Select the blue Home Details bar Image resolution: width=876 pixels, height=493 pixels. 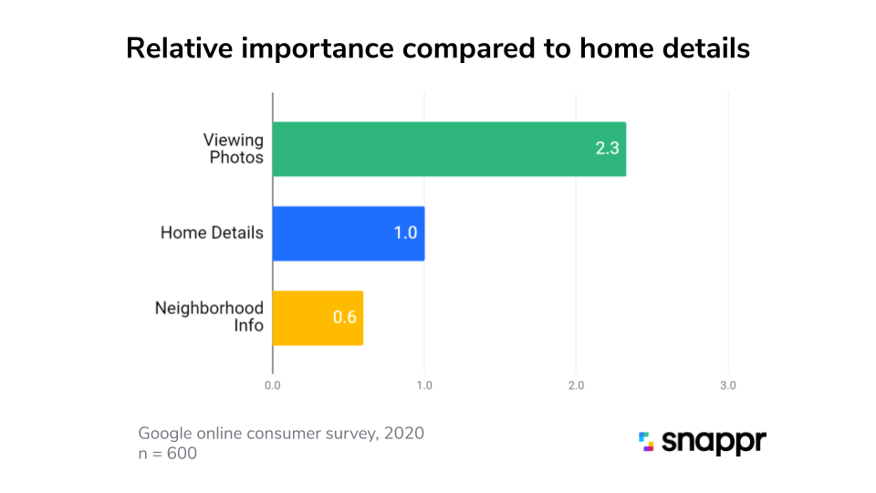point(349,233)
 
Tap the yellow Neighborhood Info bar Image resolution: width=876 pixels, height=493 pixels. point(318,318)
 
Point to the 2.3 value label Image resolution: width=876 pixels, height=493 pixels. point(608,149)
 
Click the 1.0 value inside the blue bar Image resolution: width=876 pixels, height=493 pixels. point(405,233)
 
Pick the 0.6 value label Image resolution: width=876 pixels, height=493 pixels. point(344,318)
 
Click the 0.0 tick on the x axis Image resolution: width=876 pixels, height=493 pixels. point(272,386)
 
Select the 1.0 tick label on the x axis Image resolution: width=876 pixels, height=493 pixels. point(424,386)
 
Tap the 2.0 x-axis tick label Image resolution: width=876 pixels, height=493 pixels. point(576,386)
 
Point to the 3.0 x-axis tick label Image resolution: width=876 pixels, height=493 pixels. point(727,386)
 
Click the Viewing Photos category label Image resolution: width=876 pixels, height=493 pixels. point(234,149)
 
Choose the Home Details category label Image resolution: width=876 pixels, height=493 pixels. point(212,233)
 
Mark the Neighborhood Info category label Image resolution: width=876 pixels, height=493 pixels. point(209,317)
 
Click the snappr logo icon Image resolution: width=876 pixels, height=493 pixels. point(646,442)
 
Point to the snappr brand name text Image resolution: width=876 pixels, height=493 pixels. point(714,443)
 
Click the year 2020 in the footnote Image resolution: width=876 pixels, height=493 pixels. point(403,433)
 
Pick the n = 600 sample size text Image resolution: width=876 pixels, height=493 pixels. point(167,452)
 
